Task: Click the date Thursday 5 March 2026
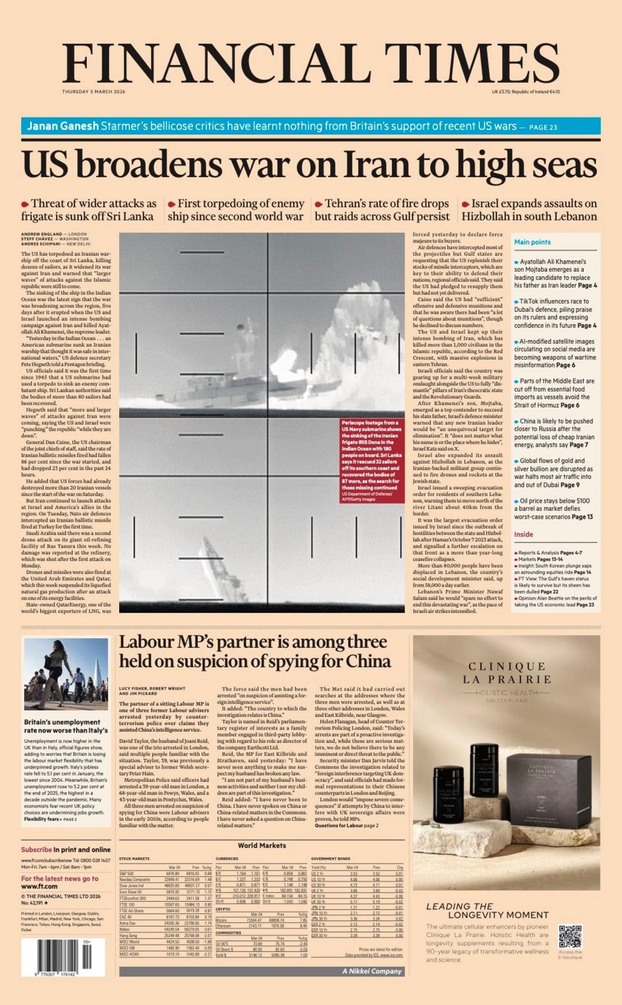click(94, 92)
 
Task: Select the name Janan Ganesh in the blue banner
click(62, 126)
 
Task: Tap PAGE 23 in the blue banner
click(543, 127)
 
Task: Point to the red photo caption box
click(372, 460)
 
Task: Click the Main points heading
click(532, 242)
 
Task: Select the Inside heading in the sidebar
click(523, 534)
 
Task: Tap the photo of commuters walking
click(66, 674)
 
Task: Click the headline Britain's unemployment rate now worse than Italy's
click(66, 726)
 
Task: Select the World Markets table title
click(261, 846)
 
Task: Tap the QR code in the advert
click(570, 936)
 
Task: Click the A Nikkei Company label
click(372, 971)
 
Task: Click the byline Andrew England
click(41, 235)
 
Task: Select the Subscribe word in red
click(36, 849)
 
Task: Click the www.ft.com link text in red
click(40, 886)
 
